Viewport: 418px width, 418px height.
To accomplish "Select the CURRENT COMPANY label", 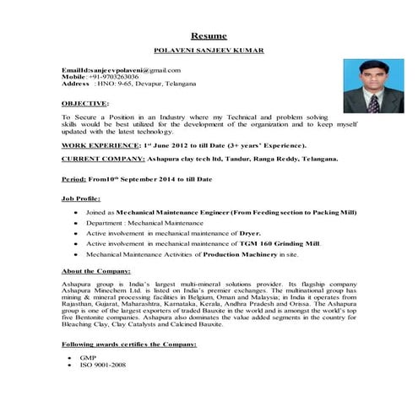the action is coord(100,159).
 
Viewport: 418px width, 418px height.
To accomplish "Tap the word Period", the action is coord(73,180).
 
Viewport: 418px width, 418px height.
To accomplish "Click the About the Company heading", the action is coord(96,271).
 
